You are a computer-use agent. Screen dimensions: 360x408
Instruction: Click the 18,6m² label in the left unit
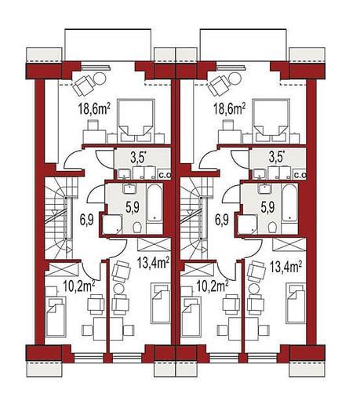pyautogui.click(x=94, y=109)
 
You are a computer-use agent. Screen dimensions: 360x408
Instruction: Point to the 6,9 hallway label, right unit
pyautogui.click(x=222, y=219)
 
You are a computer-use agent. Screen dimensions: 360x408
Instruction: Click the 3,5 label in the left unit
pyautogui.click(x=138, y=158)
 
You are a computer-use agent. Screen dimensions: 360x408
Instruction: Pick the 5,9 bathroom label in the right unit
pyautogui.click(x=267, y=207)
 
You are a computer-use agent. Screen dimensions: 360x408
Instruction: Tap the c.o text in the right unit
pyautogui.click(x=300, y=176)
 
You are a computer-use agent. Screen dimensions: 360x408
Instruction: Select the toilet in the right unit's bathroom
pyautogui.click(x=272, y=227)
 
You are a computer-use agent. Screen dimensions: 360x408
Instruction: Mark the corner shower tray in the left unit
pyautogui.click(x=112, y=224)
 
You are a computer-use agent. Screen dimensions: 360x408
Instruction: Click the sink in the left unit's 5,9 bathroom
pyautogui.click(x=129, y=188)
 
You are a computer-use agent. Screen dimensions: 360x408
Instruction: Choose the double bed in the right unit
pyautogui.click(x=271, y=121)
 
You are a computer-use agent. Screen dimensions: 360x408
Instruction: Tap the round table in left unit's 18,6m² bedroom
pyautogui.click(x=100, y=78)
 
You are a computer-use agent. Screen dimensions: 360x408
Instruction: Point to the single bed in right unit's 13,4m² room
pyautogui.click(x=296, y=304)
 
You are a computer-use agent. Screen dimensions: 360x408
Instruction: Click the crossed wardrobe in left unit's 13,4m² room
pyautogui.click(x=154, y=245)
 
